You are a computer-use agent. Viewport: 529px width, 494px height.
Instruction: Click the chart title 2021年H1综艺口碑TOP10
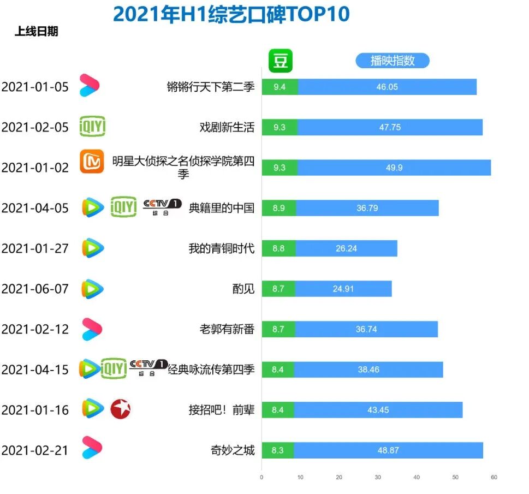tap(231, 14)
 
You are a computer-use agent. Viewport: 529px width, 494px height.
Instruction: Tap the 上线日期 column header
tap(36, 32)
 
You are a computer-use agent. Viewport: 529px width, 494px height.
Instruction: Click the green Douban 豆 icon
tap(281, 61)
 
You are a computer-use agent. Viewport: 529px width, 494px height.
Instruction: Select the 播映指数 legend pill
tap(392, 61)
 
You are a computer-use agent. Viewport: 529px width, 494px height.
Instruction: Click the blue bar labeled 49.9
tap(394, 168)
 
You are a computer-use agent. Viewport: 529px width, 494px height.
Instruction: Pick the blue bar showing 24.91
tap(343, 289)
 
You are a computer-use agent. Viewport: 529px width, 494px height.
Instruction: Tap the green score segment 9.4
tap(280, 87)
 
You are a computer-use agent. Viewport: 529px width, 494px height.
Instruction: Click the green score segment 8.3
tap(278, 450)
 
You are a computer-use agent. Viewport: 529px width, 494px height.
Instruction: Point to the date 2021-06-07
tap(35, 289)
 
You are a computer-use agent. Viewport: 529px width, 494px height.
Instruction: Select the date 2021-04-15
tap(35, 370)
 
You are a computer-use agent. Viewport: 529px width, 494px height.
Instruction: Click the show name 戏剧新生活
tap(227, 127)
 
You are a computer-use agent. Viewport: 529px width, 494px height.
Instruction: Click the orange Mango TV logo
tap(92, 162)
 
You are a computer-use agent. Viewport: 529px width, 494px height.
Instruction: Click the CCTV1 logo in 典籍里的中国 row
tap(162, 207)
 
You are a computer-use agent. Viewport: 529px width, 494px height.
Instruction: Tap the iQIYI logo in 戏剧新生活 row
tap(92, 127)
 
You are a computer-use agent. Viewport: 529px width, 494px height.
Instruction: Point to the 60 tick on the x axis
tap(494, 477)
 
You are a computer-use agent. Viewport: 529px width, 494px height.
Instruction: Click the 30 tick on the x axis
tap(378, 477)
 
